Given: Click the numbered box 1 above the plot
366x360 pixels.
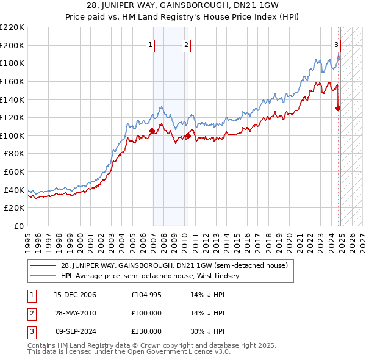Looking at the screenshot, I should click(x=150, y=44).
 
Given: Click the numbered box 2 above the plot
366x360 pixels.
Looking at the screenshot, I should click(x=186, y=44).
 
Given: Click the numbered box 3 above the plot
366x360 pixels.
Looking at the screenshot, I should click(x=336, y=44).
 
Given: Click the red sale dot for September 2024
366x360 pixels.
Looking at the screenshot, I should click(x=338, y=108).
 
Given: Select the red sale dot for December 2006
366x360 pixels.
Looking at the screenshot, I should click(x=152, y=131).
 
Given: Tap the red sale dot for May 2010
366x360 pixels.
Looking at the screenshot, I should click(x=188, y=135).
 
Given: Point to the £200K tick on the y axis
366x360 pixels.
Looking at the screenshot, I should click(x=12, y=45).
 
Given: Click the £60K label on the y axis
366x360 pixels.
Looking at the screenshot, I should click(x=15, y=172).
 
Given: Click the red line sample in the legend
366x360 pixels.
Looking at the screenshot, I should click(x=43, y=265).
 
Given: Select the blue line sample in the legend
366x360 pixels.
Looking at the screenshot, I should click(x=43, y=276).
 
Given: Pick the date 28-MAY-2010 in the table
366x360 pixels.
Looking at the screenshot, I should click(x=75, y=313).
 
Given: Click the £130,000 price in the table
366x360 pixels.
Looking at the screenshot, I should click(x=146, y=331).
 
